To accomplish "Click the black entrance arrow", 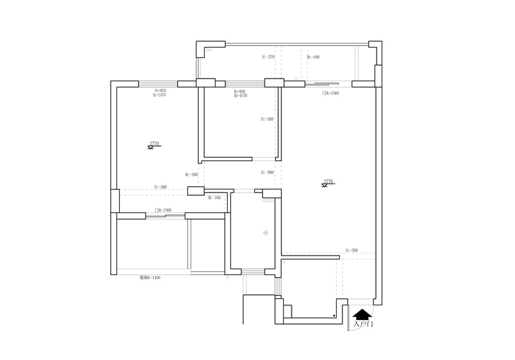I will (x=362, y=314).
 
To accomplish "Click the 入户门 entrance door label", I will (x=363, y=325).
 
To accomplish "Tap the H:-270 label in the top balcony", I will (x=268, y=57).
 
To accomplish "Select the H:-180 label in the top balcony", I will (x=313, y=57).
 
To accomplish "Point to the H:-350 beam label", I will (x=214, y=198).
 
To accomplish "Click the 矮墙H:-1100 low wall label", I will (x=149, y=278).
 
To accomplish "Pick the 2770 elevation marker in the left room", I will (x=154, y=145).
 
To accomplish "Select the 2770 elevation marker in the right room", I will (x=328, y=183).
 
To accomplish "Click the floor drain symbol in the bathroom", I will (x=265, y=232).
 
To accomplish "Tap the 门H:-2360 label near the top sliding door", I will (x=330, y=93).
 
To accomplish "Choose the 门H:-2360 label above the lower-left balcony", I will (x=163, y=211).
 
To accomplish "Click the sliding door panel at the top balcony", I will (x=322, y=83).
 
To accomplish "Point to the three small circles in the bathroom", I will (x=268, y=201).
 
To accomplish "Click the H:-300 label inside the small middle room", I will (x=267, y=119).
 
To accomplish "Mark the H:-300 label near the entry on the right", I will (x=351, y=250).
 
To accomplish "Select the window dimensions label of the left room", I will (x=160, y=93).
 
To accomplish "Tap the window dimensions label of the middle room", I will (x=239, y=93).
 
